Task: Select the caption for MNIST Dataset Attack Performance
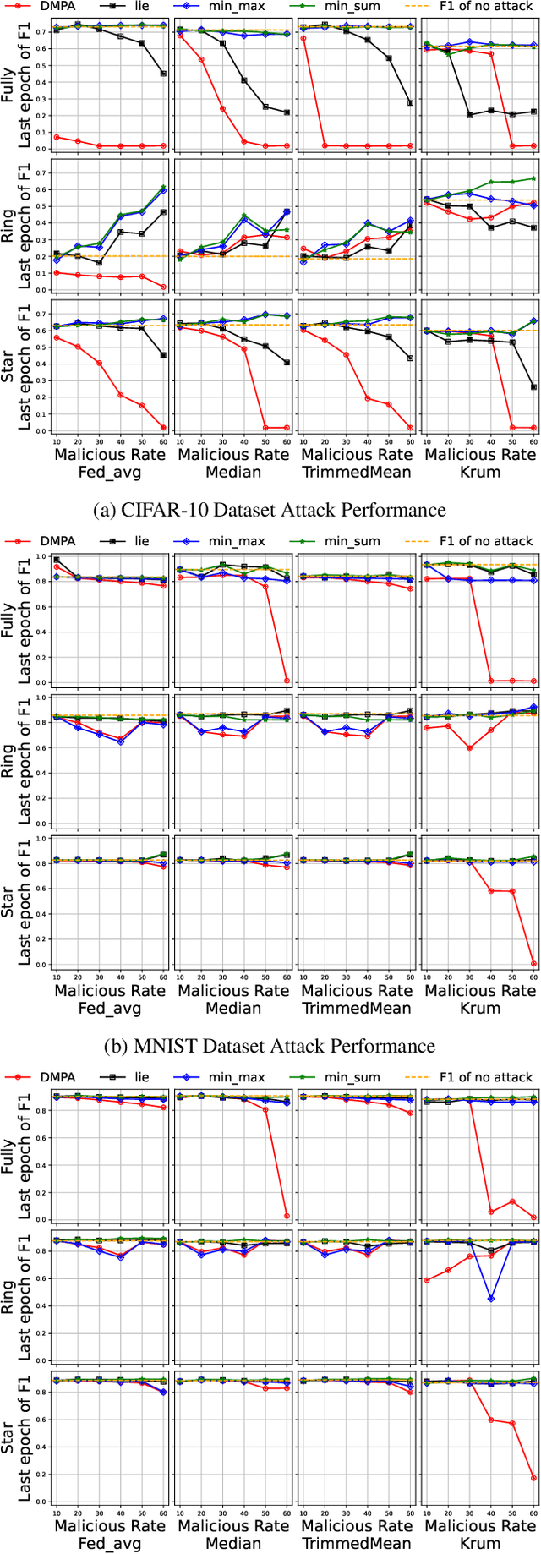click(x=269, y=1046)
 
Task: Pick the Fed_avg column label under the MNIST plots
click(x=109, y=1008)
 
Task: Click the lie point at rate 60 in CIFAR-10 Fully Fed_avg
click(x=163, y=74)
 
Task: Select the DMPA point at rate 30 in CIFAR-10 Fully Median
click(x=222, y=109)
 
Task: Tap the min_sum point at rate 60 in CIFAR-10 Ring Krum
click(x=533, y=178)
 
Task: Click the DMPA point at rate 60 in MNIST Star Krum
click(x=533, y=963)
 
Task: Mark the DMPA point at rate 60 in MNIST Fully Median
click(x=287, y=681)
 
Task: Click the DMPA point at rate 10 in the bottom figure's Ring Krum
click(x=427, y=1280)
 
